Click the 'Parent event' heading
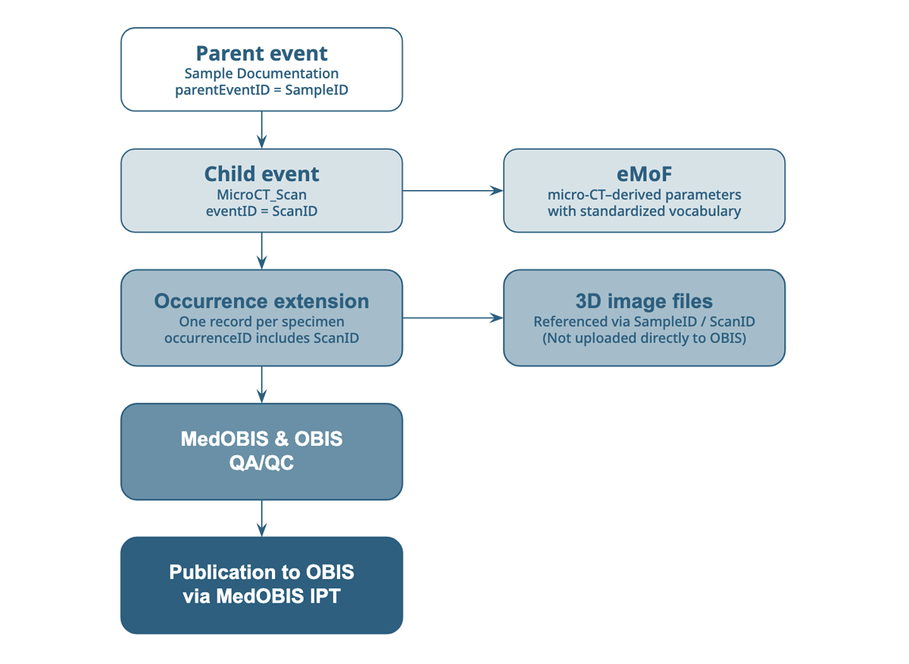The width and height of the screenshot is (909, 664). [261, 54]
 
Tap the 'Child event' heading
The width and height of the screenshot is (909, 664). [261, 174]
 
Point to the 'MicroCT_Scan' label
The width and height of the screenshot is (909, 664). [261, 195]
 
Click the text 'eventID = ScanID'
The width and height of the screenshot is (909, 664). [261, 211]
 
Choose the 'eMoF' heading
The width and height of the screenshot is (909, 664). [644, 174]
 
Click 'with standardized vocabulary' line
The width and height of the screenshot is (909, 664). [644, 211]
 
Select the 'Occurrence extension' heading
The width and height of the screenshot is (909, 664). [261, 301]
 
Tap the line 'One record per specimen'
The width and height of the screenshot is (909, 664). [261, 321]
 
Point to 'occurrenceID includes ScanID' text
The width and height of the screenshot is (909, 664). [261, 338]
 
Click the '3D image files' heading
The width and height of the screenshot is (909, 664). [644, 301]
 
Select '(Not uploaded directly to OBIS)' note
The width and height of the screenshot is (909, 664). [644, 338]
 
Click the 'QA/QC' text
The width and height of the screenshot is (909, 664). [261, 462]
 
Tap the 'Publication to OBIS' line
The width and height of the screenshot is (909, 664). [261, 572]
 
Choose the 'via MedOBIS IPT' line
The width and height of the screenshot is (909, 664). [261, 596]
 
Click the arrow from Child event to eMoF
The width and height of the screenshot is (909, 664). [452, 191]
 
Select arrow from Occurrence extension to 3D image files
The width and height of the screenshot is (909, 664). [452, 318]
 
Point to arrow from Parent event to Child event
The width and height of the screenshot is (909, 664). [261, 129]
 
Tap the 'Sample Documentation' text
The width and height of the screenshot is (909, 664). [261, 74]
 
